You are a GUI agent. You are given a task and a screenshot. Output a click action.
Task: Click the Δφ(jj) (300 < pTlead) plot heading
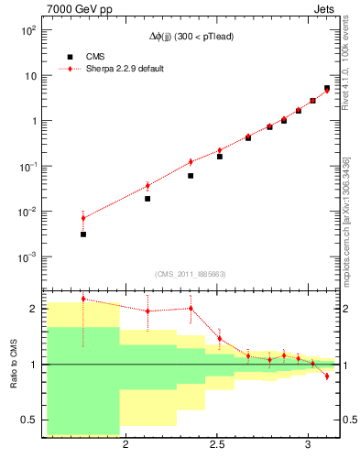191,36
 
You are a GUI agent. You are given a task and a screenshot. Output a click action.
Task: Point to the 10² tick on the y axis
30,31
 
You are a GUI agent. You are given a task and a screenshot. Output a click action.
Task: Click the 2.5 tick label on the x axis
217,444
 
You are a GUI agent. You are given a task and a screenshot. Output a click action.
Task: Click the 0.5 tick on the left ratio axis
30,420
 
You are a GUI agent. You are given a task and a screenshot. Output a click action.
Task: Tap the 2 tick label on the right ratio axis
346,309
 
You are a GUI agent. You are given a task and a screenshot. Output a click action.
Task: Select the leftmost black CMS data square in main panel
83,234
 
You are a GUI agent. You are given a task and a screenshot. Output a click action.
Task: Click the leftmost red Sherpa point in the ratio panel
83,299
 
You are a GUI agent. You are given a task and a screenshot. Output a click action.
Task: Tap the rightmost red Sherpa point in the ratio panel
327,376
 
